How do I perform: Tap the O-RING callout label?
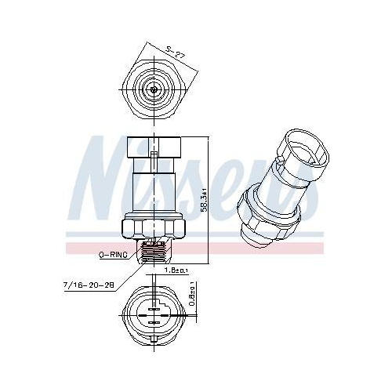point(113,256)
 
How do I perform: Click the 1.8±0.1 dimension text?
point(176,271)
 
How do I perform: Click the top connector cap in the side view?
point(155,146)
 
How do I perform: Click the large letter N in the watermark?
point(106,176)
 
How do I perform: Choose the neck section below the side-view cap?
point(155,187)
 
